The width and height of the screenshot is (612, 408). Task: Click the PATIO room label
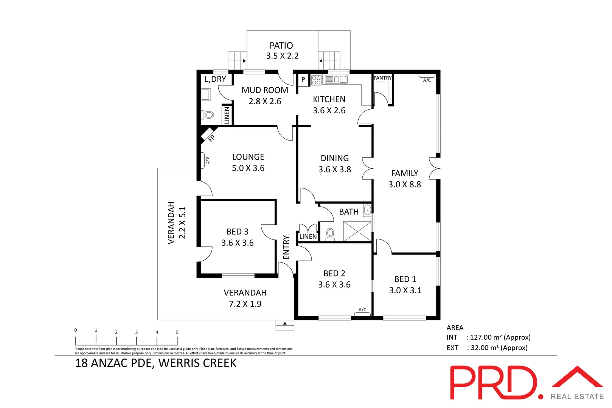[281, 46]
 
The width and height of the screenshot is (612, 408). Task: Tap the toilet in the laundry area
[208, 115]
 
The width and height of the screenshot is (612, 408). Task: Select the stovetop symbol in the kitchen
[316, 80]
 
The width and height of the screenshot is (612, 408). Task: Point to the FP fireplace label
[211, 138]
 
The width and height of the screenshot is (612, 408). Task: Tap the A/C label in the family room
[427, 80]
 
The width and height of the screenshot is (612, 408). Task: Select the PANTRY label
[382, 78]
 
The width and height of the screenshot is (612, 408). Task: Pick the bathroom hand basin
[367, 210]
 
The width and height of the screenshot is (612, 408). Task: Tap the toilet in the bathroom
[330, 234]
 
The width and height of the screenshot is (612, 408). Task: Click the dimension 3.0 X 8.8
[404, 185]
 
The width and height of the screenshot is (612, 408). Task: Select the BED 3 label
[237, 232]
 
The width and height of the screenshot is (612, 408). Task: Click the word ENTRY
[286, 247]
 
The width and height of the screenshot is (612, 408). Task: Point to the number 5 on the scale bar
[177, 332]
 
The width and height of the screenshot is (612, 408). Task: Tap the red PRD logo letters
[493, 382]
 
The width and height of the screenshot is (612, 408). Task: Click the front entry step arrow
[285, 324]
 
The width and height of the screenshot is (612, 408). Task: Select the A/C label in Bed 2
[362, 310]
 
